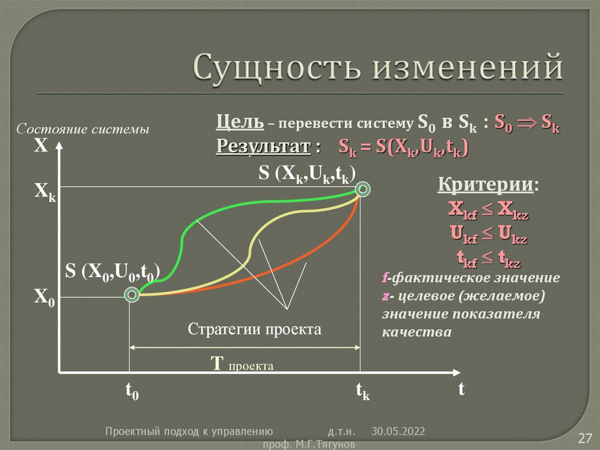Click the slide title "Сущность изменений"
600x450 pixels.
pos(379,66)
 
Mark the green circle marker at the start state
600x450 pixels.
pos(133,295)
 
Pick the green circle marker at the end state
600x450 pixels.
pos(364,189)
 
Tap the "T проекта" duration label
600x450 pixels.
pos(242,364)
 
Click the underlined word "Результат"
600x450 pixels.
pos(263,146)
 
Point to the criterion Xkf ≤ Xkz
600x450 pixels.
pos(488,210)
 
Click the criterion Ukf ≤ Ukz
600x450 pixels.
pos(488,235)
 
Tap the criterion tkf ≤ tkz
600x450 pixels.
pos(488,258)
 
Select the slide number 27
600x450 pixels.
pos(585,438)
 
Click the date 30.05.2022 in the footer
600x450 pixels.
pos(398,431)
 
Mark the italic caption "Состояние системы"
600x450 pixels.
pos(83,128)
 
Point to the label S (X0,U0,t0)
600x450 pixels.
pos(112,271)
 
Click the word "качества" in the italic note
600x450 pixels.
pos(417,331)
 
